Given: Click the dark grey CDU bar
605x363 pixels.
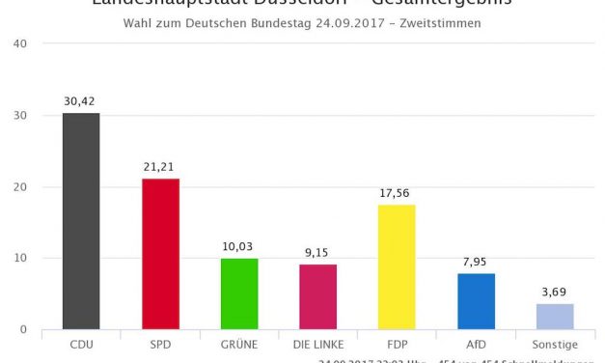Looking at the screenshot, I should tap(81, 221).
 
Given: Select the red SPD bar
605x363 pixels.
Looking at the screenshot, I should tap(160, 254).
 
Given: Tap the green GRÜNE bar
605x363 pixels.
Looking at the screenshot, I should tap(239, 293).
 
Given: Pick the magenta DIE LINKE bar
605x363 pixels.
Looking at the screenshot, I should tap(317, 296).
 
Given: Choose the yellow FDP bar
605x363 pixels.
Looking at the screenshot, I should tap(397, 266).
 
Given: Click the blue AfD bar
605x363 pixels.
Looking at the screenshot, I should tap(476, 301).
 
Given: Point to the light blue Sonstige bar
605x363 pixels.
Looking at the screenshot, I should tap(555, 317).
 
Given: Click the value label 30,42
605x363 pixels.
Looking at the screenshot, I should tap(81, 101).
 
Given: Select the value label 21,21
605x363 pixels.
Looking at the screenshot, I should tap(160, 167).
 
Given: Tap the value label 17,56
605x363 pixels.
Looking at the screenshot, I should tap(397, 193).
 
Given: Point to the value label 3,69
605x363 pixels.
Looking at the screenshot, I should tap(555, 292).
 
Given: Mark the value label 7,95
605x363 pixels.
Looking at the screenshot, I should tap(476, 262).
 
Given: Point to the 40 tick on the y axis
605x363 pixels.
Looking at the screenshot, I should tap(20, 43).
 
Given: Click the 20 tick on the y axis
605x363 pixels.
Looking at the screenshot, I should tap(20, 186).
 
